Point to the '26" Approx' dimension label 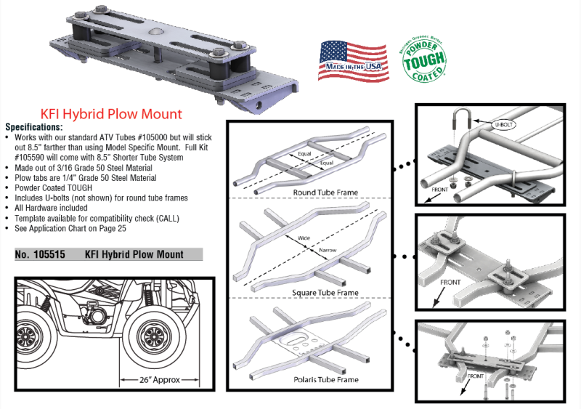pos(160,379)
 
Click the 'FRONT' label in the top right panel pos(437,189)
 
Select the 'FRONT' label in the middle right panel pos(450,283)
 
